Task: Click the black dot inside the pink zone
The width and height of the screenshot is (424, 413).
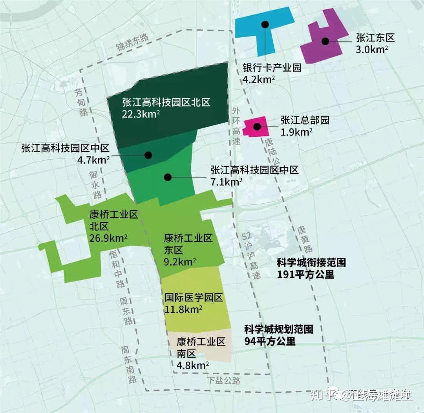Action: pos(257,126)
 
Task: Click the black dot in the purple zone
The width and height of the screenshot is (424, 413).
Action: pos(325,41)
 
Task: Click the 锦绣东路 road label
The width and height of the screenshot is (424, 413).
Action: pos(133,43)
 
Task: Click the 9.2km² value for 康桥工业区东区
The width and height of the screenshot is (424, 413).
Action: pos(180,261)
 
